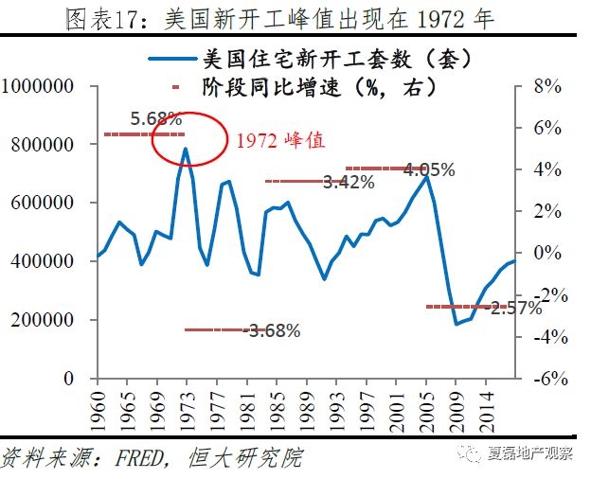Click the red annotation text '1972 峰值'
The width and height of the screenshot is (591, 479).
tap(281, 139)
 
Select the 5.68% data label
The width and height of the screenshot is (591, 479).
tap(156, 119)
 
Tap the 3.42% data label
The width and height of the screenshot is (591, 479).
tap(349, 182)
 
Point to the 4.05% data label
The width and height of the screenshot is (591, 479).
tap(428, 170)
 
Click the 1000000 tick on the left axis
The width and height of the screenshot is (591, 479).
tap(40, 86)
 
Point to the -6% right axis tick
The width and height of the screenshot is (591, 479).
tap(546, 379)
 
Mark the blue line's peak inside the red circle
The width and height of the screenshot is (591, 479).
tap(186, 149)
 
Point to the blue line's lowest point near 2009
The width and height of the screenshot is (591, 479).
tap(456, 324)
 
